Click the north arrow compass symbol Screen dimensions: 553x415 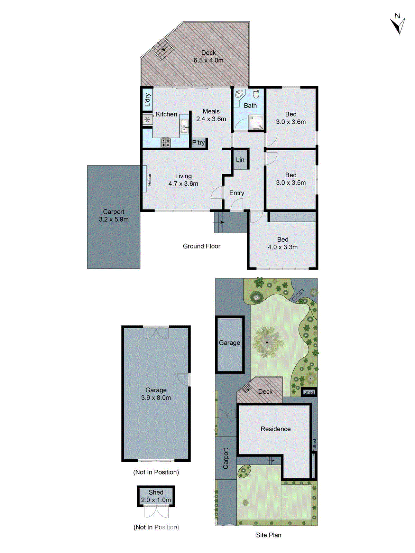coord(398,24)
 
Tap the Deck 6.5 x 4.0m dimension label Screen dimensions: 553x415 coord(209,57)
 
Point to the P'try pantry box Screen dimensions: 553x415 coord(199,142)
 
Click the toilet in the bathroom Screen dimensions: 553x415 coord(256,94)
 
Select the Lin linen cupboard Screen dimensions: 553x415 coord(240,160)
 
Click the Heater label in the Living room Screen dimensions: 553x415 coord(150,179)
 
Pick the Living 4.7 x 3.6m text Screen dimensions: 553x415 coord(183,180)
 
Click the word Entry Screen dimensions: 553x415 coord(237,193)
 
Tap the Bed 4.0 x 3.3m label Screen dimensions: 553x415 coord(283,243)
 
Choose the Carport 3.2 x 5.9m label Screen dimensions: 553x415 coord(113,216)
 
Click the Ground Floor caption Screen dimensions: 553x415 coord(202,246)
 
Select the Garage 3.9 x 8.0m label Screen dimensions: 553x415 coord(156,394)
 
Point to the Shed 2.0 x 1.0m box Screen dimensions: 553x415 coord(156,496)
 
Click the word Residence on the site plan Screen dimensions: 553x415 coord(276,429)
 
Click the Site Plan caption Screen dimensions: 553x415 coord(269,535)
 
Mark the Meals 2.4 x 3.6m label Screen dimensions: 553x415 coord(211,115)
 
